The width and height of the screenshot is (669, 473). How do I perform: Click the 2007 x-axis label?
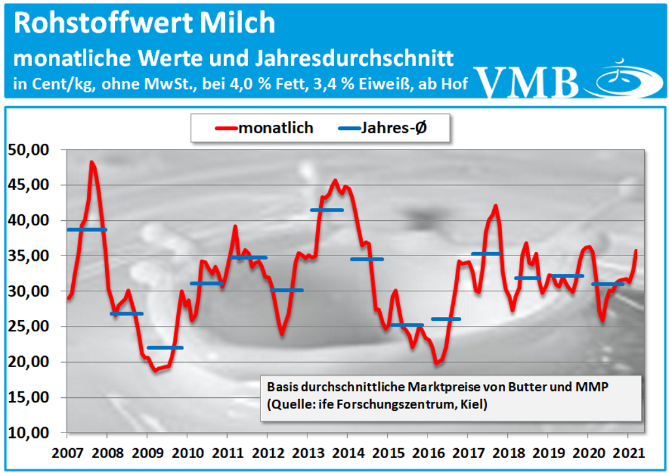(68, 452)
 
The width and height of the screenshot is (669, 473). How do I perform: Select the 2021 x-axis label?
(627, 452)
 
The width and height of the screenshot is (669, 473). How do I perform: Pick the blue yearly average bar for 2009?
(165, 348)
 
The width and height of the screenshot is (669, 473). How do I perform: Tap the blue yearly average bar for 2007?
(86, 230)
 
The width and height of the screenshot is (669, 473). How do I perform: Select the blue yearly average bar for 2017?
(486, 253)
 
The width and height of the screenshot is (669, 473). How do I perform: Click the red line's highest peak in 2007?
(92, 162)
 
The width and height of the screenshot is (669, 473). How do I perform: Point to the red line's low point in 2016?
(436, 363)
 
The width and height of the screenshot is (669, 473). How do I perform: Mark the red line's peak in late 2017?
(496, 206)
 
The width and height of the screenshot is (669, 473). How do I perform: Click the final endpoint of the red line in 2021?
(636, 250)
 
